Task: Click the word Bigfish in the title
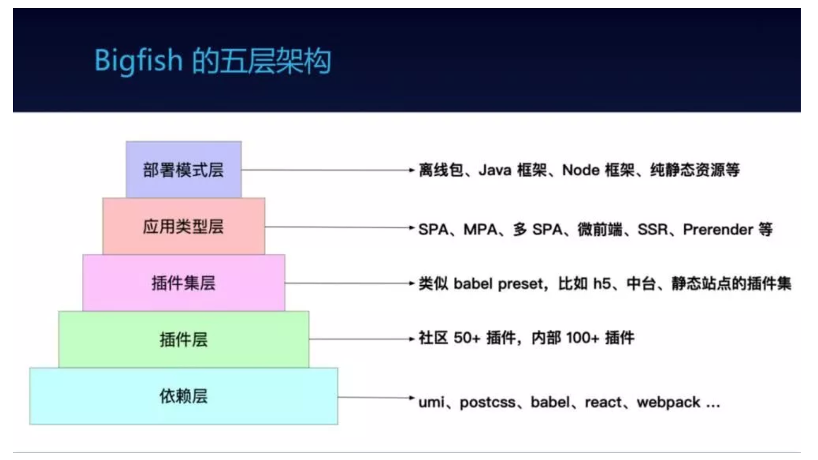tap(139, 59)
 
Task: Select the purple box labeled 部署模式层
tap(183, 170)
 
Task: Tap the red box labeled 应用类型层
tap(183, 226)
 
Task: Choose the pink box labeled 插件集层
tap(183, 283)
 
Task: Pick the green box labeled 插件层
tap(183, 340)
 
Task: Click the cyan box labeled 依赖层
tap(183, 396)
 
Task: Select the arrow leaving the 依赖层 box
tap(376, 397)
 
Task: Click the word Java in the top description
tap(495, 171)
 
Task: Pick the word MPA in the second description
tap(480, 229)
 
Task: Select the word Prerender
tap(718, 229)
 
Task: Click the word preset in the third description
tap(521, 284)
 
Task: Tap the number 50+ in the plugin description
tap(467, 338)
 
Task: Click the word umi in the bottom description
tap(431, 402)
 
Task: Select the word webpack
tap(669, 403)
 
